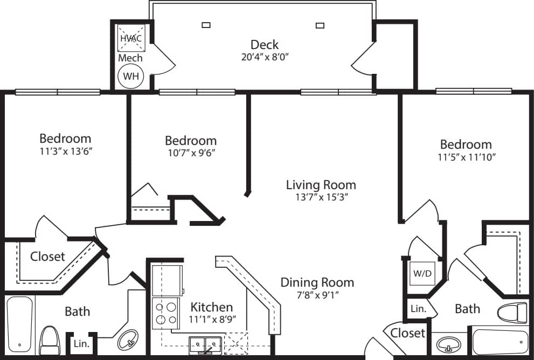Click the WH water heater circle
pos(131,76)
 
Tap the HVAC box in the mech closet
pos(130,38)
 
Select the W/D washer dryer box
pos(422,273)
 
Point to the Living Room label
pos(321,185)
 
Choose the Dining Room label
pos(317,282)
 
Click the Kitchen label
pos(212,307)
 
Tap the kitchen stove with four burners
pos(166,313)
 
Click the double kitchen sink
pos(205,343)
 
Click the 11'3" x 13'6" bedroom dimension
pos(65,151)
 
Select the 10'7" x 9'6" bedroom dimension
pos(190,153)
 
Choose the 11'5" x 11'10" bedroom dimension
pos(466,157)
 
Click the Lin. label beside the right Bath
pos(418,309)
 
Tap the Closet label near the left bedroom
pos(47,257)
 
